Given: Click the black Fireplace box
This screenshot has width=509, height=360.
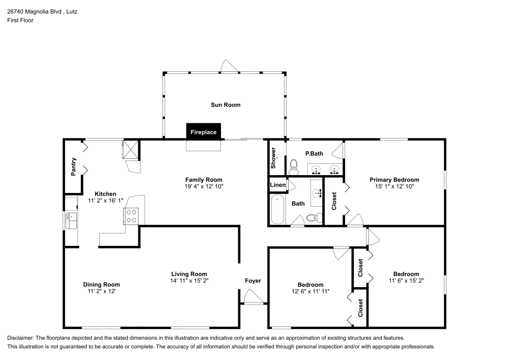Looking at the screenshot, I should (x=204, y=131).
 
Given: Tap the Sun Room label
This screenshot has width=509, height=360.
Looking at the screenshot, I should (x=225, y=105).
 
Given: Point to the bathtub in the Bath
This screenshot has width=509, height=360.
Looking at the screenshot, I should (x=278, y=209).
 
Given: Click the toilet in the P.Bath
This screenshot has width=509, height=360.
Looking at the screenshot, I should (x=293, y=165).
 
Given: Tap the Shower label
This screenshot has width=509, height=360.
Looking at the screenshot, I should (x=274, y=158).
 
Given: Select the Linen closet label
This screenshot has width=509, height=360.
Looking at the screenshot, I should (x=277, y=185).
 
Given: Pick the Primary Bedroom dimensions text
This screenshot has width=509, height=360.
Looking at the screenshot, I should (x=394, y=186).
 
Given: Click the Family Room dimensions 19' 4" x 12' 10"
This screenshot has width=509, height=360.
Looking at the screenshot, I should (x=204, y=186).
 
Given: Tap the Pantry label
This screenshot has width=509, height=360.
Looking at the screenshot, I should (x=73, y=167).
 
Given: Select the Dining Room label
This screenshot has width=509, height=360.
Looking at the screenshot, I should (x=101, y=285).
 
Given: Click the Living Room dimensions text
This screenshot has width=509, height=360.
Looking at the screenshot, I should (x=189, y=281).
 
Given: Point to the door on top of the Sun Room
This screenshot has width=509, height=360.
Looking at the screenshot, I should (x=228, y=67).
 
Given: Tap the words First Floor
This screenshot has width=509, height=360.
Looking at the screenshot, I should (x=20, y=20).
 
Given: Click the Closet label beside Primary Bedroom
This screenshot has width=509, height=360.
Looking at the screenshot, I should (x=334, y=201).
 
